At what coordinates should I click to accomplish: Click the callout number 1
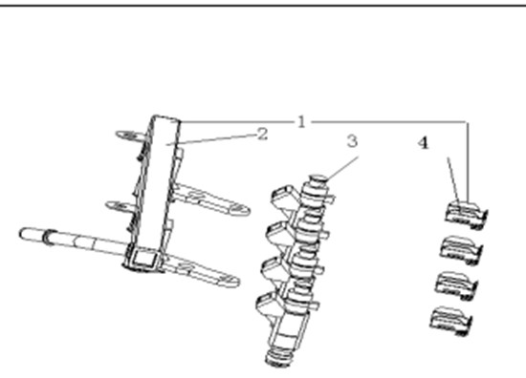pyautogui.click(x=301, y=122)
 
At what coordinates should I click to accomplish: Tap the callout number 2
pyautogui.click(x=263, y=135)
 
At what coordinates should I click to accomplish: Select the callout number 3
pyautogui.click(x=352, y=141)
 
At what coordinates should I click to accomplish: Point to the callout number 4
pyautogui.click(x=424, y=143)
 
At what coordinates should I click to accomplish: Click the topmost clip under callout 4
pyautogui.click(x=466, y=215)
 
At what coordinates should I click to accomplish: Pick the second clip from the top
pyautogui.click(x=461, y=250)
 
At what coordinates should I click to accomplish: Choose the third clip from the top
pyautogui.click(x=456, y=285)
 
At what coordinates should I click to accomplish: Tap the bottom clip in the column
pyautogui.click(x=451, y=321)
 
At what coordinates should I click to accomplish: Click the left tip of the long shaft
pyautogui.click(x=21, y=233)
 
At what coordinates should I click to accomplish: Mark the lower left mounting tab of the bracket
pyautogui.click(x=121, y=205)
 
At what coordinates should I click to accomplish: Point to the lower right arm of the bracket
pyautogui.click(x=201, y=270)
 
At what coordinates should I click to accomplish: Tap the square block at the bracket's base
pyautogui.click(x=144, y=259)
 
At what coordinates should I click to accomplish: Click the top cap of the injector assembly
pyautogui.click(x=317, y=179)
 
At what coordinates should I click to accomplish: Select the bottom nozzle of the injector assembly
pyautogui.click(x=279, y=358)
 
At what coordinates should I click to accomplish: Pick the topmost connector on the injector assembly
pyautogui.click(x=284, y=199)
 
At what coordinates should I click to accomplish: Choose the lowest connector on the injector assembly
pyautogui.click(x=270, y=305)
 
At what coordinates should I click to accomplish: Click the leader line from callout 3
pyautogui.click(x=342, y=168)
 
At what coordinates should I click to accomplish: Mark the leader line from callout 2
pyautogui.click(x=211, y=139)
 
